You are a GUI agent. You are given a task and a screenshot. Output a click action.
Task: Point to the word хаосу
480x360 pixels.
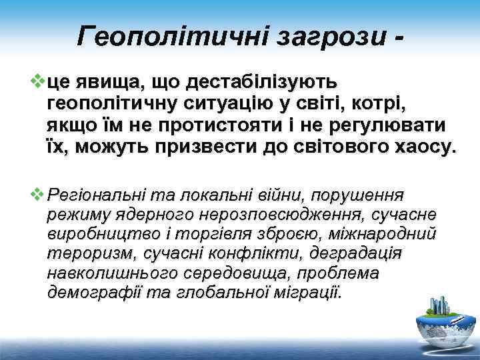(x=420, y=146)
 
